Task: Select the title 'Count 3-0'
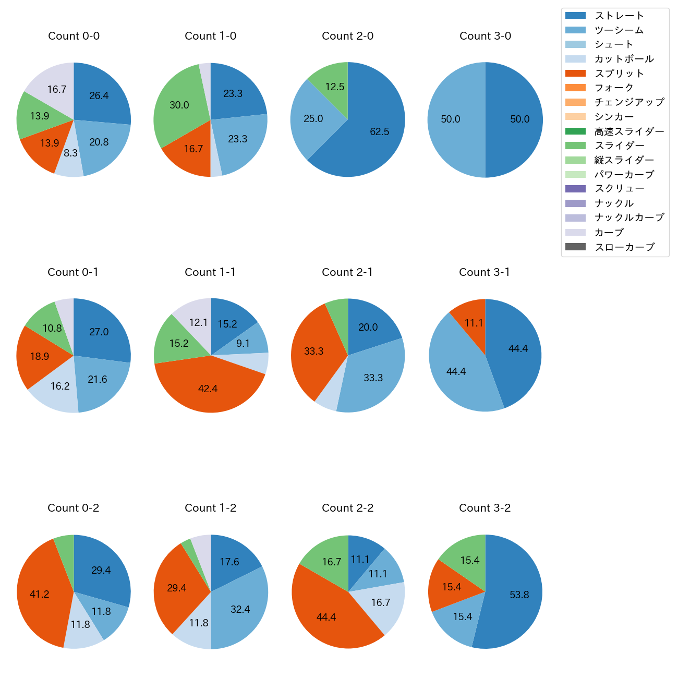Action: [x=485, y=36]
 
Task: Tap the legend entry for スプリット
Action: [x=619, y=74]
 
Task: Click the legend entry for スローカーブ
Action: [x=624, y=247]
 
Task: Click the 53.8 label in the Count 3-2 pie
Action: [x=519, y=595]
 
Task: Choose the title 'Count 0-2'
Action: [x=74, y=508]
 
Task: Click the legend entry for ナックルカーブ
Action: [x=629, y=218]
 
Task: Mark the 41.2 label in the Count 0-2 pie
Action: [x=40, y=594]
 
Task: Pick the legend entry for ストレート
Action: [x=619, y=16]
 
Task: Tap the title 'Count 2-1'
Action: [x=347, y=272]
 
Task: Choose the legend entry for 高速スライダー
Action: [x=629, y=131]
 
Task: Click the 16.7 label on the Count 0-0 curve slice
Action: [x=57, y=89]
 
